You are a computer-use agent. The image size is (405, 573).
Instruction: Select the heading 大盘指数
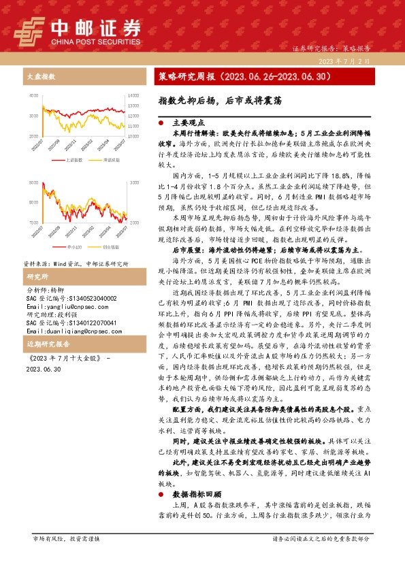(x=41, y=77)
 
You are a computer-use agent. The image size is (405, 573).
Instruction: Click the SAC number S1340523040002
(x=70, y=299)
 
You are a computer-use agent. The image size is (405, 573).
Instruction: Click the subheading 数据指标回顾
(x=195, y=495)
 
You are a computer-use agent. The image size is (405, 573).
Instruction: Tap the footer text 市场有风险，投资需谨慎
(x=66, y=558)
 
